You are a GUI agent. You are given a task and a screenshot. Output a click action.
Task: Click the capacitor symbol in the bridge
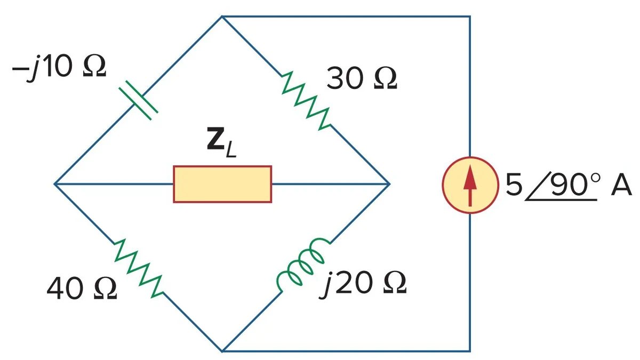pos(138,100)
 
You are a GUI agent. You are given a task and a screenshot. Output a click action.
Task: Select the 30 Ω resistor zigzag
pos(306,101)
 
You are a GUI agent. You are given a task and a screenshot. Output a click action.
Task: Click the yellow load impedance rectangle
pos(222,185)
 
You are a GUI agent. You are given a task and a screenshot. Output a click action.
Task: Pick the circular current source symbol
pos(470,185)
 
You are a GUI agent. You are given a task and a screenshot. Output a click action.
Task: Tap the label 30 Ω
pos(362,78)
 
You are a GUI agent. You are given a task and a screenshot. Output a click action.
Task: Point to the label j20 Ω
pos(363,284)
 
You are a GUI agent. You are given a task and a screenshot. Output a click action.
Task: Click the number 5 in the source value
pos(514,185)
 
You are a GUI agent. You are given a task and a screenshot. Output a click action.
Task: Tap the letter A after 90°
pos(621,185)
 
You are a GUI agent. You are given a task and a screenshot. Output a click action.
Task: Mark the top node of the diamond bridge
pos(222,17)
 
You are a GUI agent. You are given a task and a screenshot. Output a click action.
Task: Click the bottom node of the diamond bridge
pos(222,351)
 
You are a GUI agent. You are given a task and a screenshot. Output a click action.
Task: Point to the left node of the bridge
pos(55,184)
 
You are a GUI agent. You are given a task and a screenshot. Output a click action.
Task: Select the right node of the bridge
pos(389,184)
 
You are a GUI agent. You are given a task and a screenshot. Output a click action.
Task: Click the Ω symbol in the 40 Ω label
pos(106,289)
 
